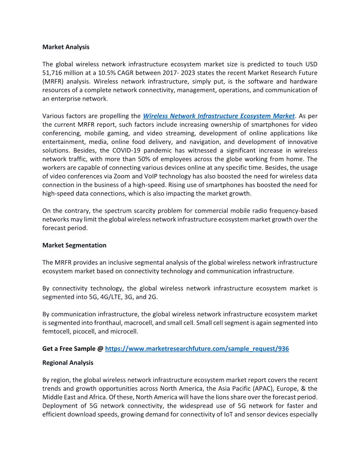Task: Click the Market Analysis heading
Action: (x=66, y=46)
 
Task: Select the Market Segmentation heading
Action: (x=74, y=245)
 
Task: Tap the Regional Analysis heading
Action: (x=68, y=362)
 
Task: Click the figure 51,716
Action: (x=53, y=72)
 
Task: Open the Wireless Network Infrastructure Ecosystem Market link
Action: (x=219, y=116)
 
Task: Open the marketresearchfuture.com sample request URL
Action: (x=197, y=349)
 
